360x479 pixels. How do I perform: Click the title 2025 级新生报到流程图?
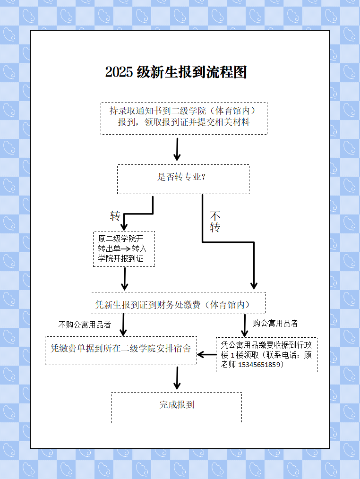[176, 72]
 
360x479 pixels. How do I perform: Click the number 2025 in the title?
[119, 72]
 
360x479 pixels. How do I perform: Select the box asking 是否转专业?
[183, 180]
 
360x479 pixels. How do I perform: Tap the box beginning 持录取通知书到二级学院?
[184, 118]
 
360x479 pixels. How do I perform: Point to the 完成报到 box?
[177, 408]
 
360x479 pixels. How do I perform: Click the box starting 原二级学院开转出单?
[124, 249]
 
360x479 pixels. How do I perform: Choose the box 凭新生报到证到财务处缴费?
[178, 303]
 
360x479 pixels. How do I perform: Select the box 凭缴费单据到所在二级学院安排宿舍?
[121, 351]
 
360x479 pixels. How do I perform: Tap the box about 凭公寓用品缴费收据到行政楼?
[266, 355]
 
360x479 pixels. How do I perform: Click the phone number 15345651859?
[259, 364]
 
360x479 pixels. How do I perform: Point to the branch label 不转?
[215, 222]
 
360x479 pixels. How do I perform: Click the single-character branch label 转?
[115, 216]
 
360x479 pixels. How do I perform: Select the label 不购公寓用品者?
[85, 325]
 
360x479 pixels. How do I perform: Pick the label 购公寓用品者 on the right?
[275, 323]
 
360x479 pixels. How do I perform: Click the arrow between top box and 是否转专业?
[177, 149]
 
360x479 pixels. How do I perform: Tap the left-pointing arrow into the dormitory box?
[206, 355]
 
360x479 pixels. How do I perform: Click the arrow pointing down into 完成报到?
[177, 378]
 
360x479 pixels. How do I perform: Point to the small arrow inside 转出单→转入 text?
[126, 248]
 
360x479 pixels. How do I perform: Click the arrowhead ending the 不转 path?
[254, 286]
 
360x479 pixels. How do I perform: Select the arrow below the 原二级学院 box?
[124, 279]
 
